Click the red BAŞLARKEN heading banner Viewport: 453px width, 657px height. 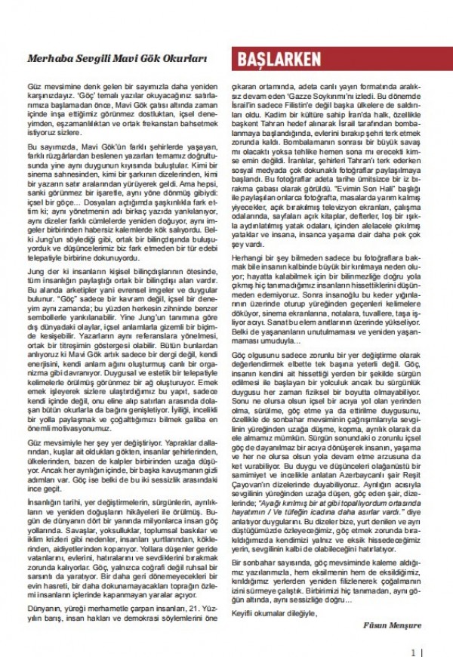pyautogui.click(x=279, y=60)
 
